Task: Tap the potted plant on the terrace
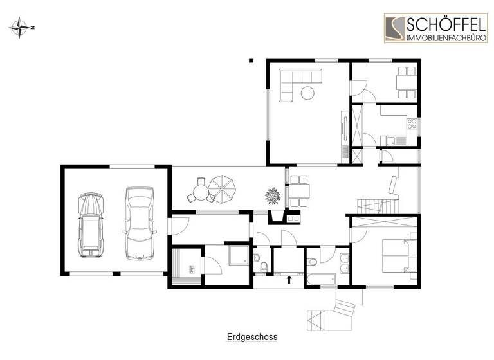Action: [273, 195]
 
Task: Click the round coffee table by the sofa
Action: [308, 93]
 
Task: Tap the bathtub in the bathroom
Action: [320, 278]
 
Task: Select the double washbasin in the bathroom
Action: [343, 261]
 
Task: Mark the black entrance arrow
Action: [289, 279]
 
